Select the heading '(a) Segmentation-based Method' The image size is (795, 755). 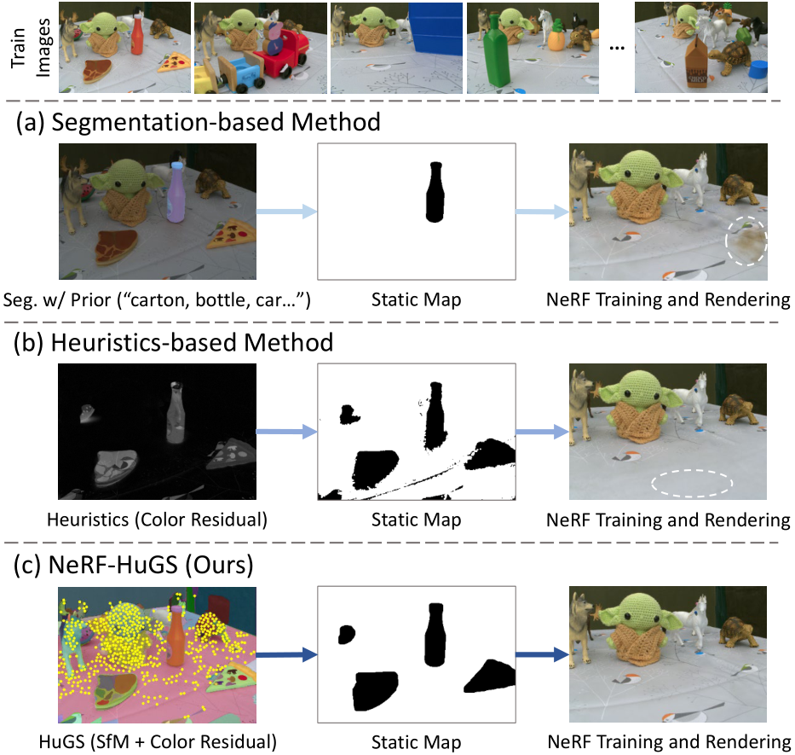coord(198,122)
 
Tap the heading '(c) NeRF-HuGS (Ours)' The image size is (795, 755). coord(141,566)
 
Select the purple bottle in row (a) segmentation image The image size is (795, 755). coord(176,192)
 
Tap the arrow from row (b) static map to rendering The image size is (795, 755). coord(542,433)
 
